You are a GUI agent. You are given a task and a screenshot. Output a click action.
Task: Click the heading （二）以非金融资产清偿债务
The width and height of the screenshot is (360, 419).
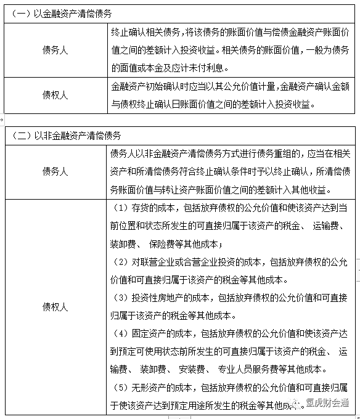click(x=65, y=135)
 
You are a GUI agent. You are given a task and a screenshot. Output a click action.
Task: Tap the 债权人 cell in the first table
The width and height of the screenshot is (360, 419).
click(x=55, y=95)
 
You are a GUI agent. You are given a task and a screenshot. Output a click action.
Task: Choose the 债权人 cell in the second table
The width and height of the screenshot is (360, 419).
click(x=55, y=306)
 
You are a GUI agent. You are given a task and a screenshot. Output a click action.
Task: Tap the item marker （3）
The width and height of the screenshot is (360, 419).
click(x=121, y=298)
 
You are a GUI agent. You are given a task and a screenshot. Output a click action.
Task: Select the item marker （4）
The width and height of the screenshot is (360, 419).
click(x=121, y=333)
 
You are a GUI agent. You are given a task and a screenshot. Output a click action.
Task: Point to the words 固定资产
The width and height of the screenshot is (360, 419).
click(x=146, y=333)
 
